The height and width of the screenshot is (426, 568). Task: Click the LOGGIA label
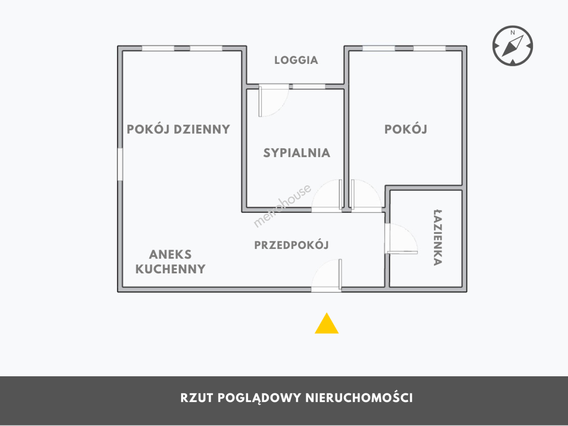[x=296, y=60]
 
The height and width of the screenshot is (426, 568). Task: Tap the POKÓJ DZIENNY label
[x=178, y=129]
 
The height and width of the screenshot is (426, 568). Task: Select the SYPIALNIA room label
[x=297, y=153]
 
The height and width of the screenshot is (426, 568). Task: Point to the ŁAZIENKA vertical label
[x=437, y=238]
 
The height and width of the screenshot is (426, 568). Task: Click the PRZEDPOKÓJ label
[x=291, y=245]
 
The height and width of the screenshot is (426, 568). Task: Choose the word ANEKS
[x=170, y=254]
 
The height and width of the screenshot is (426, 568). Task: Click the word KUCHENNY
[x=170, y=269]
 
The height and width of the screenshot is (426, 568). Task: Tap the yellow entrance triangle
[x=327, y=323]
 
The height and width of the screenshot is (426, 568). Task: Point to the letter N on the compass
[x=512, y=33]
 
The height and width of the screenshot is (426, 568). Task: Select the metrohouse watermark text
[x=282, y=206]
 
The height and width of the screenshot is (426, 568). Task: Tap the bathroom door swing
[x=401, y=239]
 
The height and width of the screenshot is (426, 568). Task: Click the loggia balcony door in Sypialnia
[x=274, y=100]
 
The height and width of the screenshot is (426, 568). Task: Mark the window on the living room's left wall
[x=120, y=164]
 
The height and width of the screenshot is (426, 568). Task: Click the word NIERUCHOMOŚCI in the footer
[x=359, y=398]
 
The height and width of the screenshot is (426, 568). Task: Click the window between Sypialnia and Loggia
[x=309, y=87]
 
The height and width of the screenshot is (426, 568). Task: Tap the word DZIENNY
[x=202, y=129]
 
